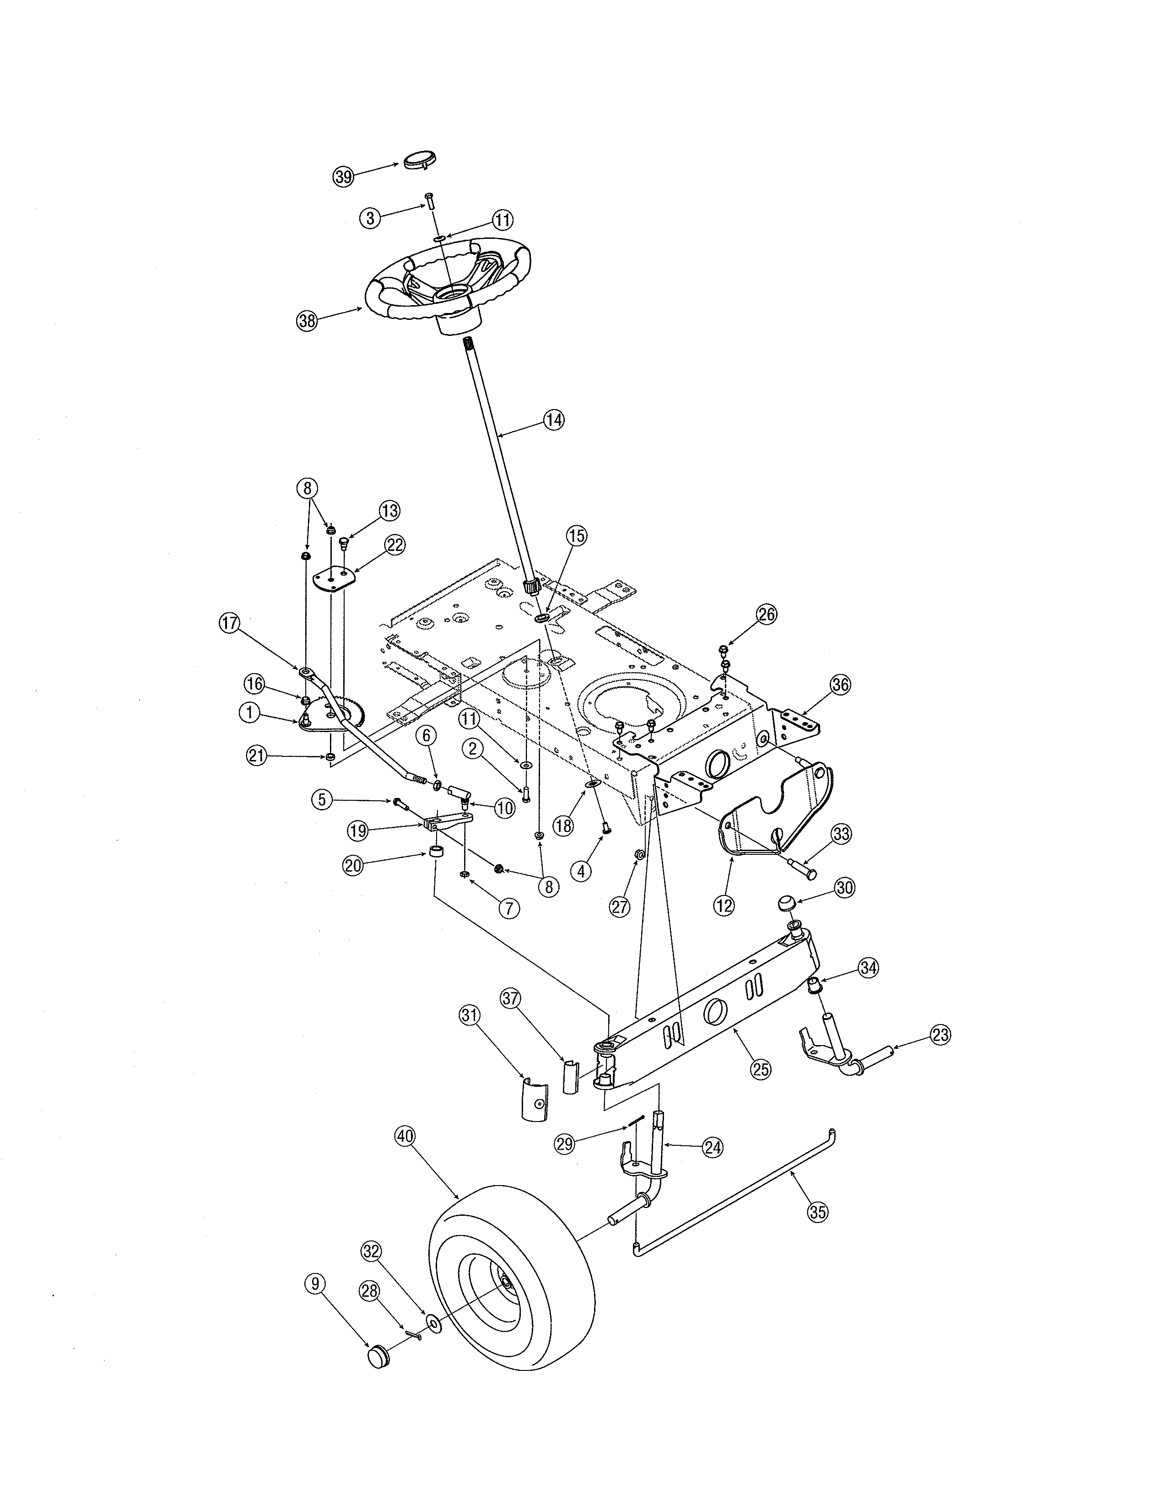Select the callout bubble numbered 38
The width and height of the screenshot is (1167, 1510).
[307, 320]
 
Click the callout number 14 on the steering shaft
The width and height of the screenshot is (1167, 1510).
[554, 420]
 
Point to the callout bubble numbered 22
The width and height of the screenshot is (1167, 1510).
[395, 545]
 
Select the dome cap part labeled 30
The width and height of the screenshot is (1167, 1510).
[786, 903]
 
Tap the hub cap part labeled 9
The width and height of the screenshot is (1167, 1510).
[378, 1357]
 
